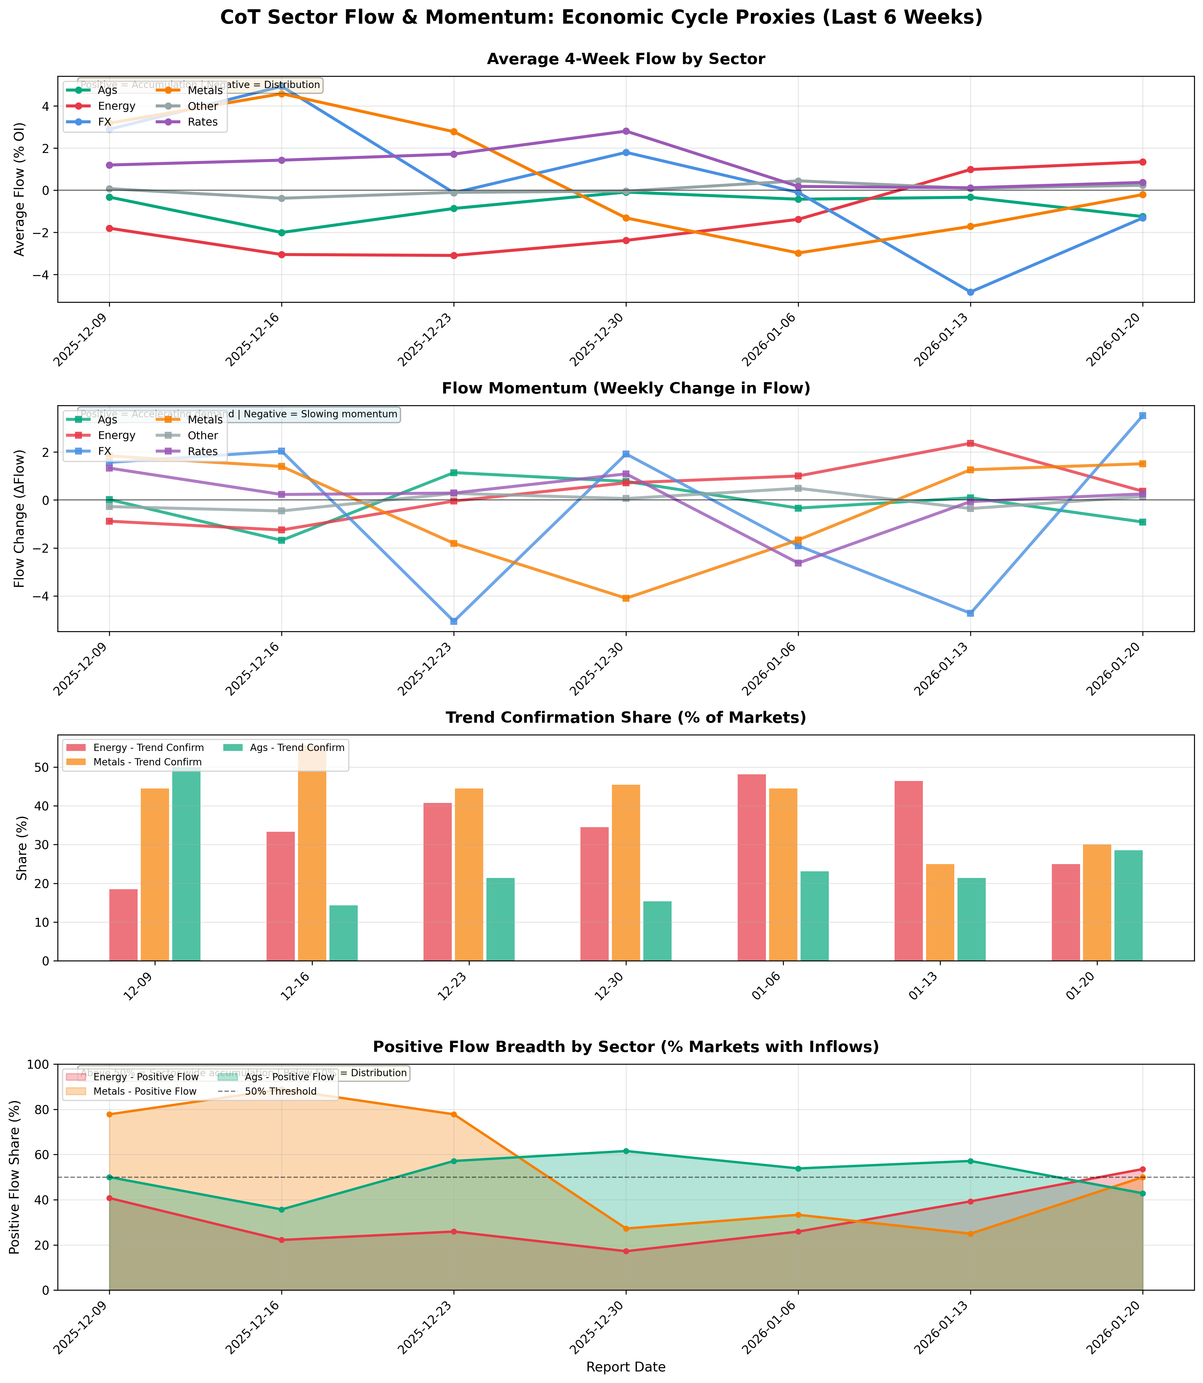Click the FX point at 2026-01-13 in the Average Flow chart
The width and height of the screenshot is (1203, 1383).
970,292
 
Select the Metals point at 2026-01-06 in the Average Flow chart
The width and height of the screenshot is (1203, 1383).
798,253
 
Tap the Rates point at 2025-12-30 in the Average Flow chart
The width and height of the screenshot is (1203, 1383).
626,131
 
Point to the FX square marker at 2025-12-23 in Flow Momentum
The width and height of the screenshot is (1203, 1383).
454,621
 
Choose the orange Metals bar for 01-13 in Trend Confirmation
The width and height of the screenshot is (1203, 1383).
940,912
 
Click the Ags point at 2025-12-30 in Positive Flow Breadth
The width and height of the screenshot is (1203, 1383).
626,1151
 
